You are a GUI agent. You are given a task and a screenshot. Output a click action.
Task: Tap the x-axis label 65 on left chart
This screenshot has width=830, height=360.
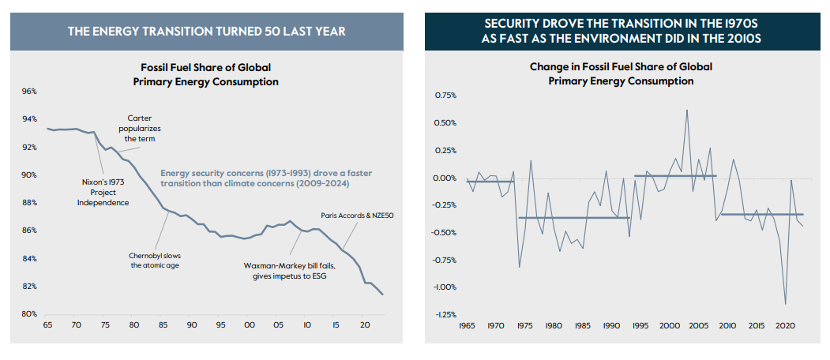click(47, 324)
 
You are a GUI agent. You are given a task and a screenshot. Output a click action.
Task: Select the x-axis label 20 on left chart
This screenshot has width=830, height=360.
click(364, 324)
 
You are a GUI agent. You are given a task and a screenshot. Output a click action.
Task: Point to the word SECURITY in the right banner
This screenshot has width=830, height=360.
click(515, 24)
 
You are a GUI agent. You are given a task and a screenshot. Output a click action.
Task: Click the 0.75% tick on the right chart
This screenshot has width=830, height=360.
click(446, 96)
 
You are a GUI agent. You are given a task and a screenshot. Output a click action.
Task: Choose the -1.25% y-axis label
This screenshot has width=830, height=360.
click(445, 315)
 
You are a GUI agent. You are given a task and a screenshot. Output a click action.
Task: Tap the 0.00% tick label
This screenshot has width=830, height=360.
click(446, 178)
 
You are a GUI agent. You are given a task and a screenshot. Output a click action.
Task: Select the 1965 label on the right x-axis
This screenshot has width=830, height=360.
click(468, 324)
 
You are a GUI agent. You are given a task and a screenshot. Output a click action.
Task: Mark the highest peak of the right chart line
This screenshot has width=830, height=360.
click(687, 110)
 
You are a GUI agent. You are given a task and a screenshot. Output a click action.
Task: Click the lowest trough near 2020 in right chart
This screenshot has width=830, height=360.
click(785, 304)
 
